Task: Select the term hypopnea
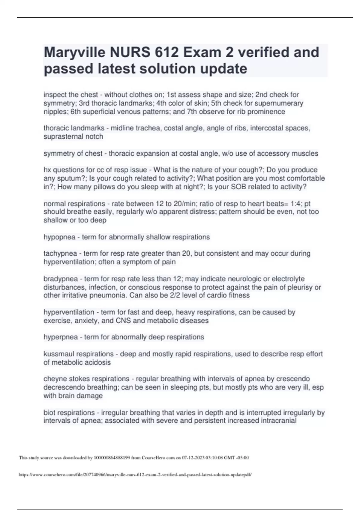[x=59, y=237]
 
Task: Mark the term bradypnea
[x=61, y=279]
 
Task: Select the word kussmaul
[x=58, y=354]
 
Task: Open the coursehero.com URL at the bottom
[x=135, y=475]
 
